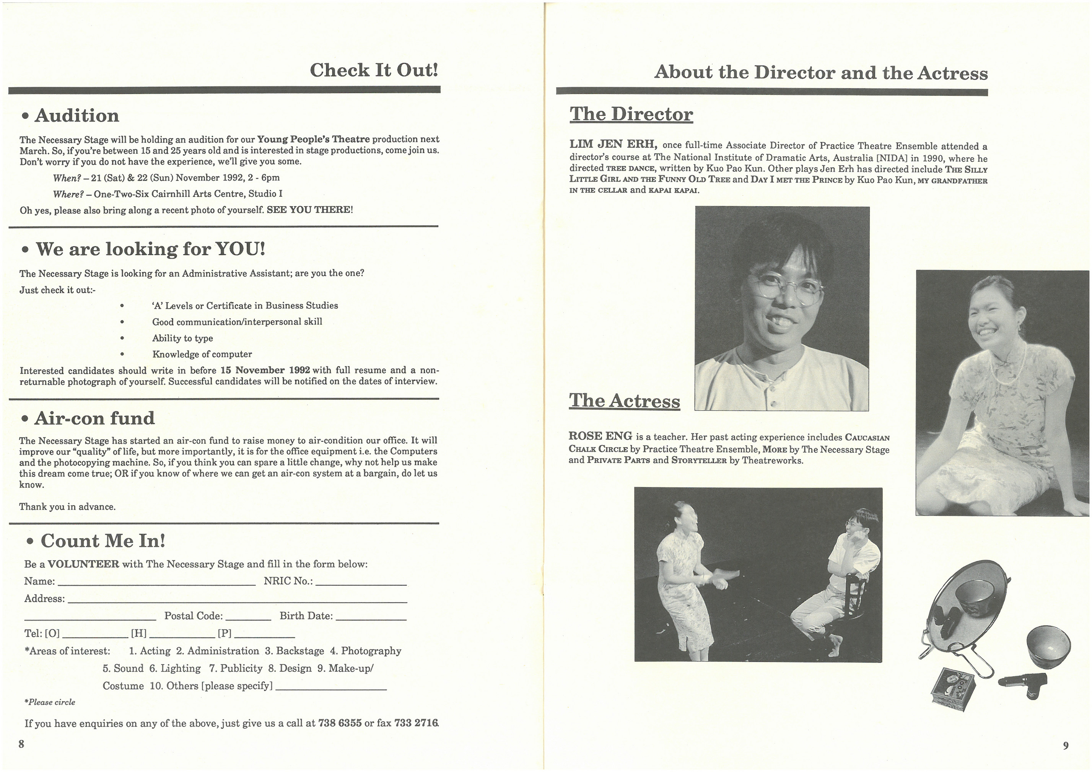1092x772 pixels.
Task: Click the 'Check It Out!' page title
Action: coord(373,70)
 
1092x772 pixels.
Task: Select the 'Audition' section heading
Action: coord(76,116)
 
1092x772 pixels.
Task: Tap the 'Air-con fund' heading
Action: coord(94,418)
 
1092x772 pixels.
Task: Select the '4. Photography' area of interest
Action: coord(366,651)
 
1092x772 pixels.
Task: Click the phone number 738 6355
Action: coord(340,723)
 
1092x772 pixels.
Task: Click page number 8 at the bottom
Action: coord(21,744)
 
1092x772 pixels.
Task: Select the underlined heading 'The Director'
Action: coord(631,114)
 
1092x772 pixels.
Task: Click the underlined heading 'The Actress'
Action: coord(625,401)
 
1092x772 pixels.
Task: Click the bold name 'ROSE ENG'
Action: coord(600,436)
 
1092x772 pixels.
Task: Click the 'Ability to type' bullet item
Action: coord(182,338)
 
